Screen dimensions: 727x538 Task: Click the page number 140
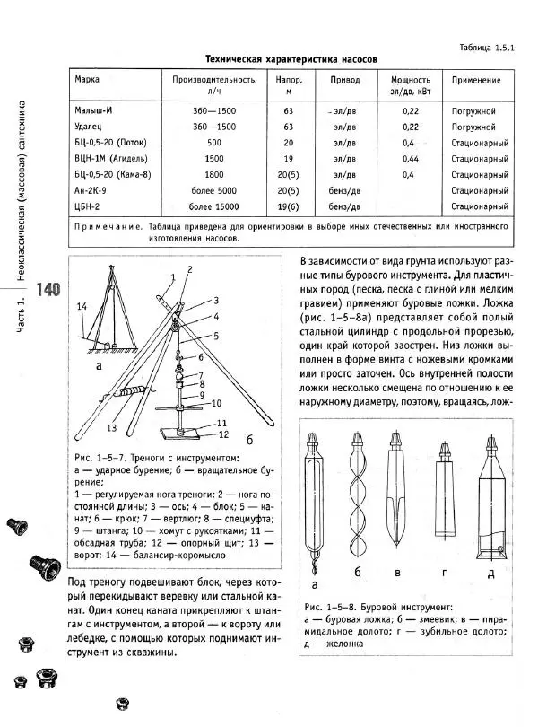48,290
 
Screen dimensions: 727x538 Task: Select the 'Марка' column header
87,80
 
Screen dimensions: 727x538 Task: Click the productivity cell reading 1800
213,174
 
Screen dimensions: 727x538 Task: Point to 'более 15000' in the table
213,206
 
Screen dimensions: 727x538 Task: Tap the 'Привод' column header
344,80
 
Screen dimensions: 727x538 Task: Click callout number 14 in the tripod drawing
82,307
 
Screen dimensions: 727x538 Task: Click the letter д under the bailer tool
490,571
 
